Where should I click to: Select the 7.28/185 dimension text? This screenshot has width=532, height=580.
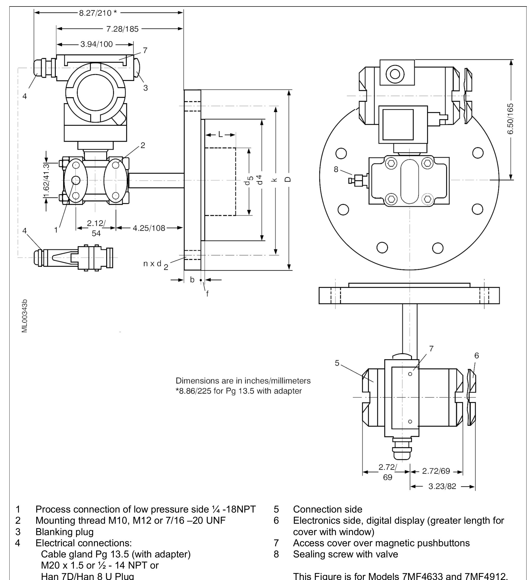click(x=122, y=29)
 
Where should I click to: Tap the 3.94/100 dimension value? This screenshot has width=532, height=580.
click(x=96, y=44)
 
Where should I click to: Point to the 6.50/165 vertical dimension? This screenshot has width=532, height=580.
click(x=510, y=119)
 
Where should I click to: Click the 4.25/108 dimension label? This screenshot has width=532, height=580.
click(x=149, y=228)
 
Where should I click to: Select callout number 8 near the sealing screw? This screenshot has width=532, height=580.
click(x=336, y=169)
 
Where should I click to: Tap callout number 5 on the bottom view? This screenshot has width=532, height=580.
click(x=337, y=363)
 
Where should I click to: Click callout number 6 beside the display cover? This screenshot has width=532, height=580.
click(x=477, y=356)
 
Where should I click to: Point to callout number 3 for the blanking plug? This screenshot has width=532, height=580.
click(x=146, y=88)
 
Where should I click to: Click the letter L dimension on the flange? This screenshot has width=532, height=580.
click(x=221, y=135)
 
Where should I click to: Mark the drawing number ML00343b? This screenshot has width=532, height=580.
click(x=25, y=316)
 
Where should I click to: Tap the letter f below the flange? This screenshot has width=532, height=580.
click(x=207, y=294)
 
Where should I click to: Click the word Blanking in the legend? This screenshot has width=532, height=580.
click(x=53, y=531)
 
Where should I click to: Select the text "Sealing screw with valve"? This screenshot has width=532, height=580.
click(x=345, y=554)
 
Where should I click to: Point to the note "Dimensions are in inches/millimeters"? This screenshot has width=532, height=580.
click(x=243, y=381)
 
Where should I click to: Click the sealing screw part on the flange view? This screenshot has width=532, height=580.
click(x=358, y=181)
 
